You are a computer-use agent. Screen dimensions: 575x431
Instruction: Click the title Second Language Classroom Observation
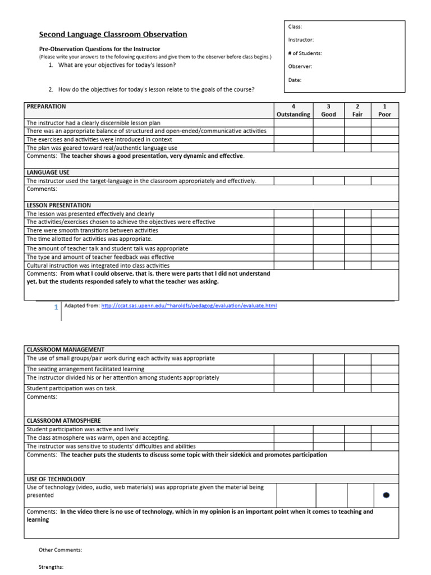pos(113,35)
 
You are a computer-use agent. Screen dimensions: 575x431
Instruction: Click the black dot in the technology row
pos(386,495)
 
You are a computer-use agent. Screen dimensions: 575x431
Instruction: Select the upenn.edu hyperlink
pos(189,305)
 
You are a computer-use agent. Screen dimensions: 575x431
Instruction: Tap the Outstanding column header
pos(293,110)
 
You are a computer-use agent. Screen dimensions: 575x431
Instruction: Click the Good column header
pos(328,110)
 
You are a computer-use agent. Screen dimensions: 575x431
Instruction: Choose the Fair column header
pos(357,110)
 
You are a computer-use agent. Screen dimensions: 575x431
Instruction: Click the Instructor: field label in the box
pos(301,40)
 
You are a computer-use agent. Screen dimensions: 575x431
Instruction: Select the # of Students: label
pos(305,53)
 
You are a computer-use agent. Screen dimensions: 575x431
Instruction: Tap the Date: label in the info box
pos(295,80)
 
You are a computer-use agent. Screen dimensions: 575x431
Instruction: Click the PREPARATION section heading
pos(46,106)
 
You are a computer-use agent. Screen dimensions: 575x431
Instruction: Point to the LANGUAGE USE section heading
pos(48,172)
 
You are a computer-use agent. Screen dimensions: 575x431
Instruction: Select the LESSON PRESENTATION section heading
pos(58,206)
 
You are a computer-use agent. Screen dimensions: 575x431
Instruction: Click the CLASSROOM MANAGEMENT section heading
pos(65,349)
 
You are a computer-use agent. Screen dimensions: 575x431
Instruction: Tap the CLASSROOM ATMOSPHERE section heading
pos(63,421)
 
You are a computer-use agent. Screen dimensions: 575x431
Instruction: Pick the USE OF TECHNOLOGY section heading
pos(56,479)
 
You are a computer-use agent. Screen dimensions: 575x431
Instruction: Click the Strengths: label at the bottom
pos(51,567)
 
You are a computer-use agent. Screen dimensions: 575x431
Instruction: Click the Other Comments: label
pos(60,550)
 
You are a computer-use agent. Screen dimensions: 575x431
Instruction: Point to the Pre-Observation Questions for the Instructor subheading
pos(99,49)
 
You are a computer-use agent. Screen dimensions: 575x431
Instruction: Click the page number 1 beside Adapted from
pos(56,307)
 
